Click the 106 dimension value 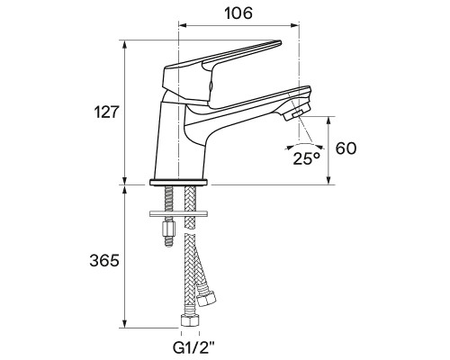[238, 13]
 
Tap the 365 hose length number [104, 260]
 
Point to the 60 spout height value [346, 148]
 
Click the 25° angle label [307, 158]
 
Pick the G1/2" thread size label [193, 348]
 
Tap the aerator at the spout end [295, 113]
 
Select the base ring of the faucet [178, 182]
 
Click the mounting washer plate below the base [178, 213]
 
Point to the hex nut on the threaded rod [168, 229]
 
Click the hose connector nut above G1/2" [190, 320]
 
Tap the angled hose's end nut [207, 297]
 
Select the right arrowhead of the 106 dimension [296, 26]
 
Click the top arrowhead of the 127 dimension [125, 44]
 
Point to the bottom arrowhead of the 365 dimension [125, 324]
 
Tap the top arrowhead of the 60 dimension [328, 120]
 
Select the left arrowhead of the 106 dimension [183, 26]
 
